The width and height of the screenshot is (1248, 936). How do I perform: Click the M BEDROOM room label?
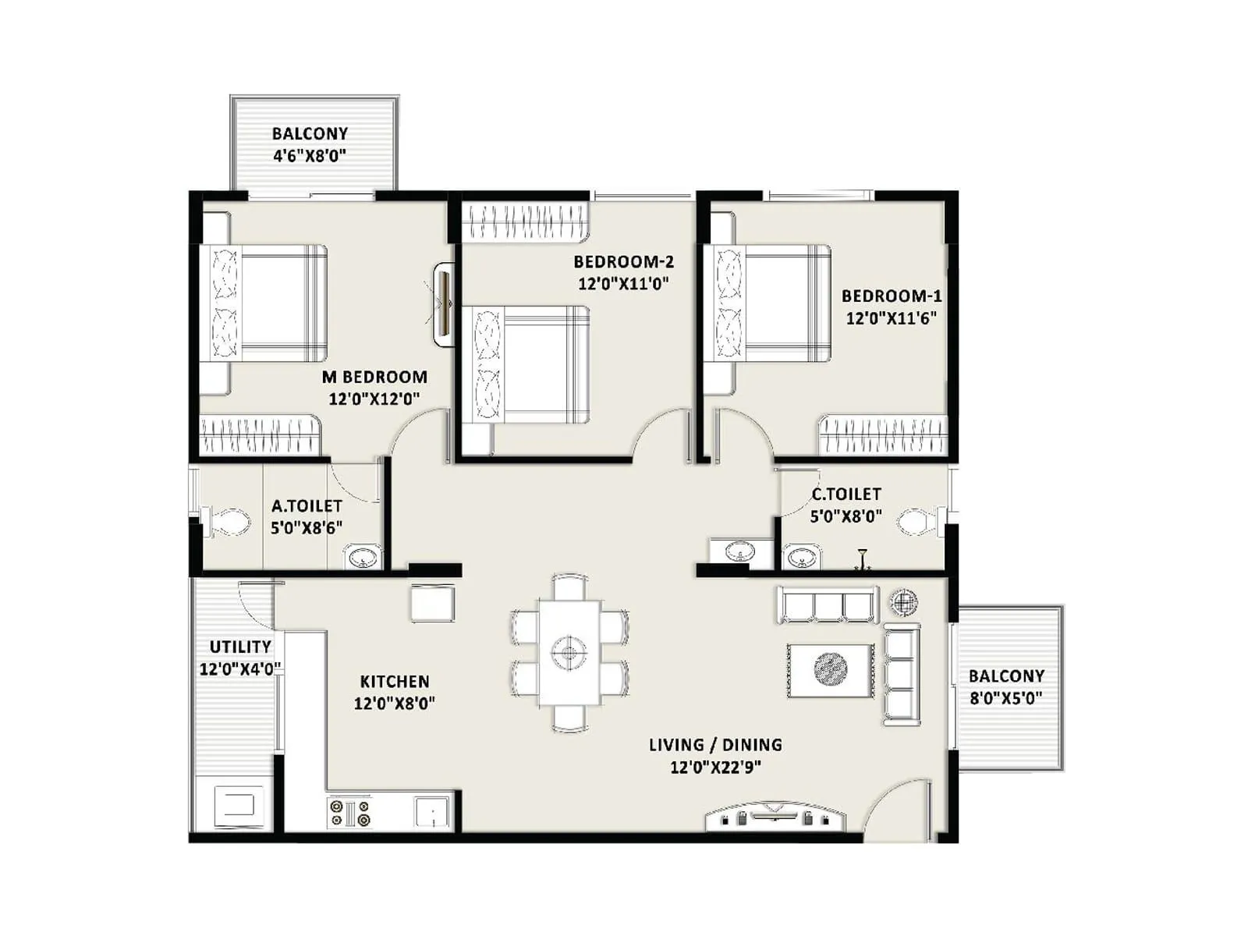(x=374, y=377)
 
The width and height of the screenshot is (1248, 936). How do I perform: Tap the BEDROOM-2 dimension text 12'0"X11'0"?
(x=623, y=283)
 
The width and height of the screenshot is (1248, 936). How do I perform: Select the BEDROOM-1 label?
(x=891, y=296)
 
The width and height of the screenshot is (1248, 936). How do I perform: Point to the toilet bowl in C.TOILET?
(x=918, y=521)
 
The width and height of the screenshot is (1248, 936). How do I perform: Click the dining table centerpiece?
(x=569, y=651)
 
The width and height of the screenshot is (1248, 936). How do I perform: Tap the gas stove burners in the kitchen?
(x=349, y=813)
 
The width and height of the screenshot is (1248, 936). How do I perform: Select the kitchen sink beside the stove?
(x=432, y=812)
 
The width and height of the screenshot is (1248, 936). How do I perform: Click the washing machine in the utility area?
(x=235, y=804)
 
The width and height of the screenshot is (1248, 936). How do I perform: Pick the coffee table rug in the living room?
(x=830, y=669)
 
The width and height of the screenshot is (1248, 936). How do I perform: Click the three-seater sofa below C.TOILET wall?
(x=827, y=605)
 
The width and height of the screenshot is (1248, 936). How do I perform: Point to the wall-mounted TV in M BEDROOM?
(x=444, y=303)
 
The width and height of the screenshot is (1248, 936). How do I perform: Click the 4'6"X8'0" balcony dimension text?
(x=310, y=155)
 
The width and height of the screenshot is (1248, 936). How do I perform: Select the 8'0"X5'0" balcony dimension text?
(x=1006, y=698)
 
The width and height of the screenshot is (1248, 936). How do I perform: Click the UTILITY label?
(x=240, y=647)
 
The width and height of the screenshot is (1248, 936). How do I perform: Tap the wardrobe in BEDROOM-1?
(x=883, y=435)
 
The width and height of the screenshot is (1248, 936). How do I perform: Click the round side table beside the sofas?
(x=903, y=601)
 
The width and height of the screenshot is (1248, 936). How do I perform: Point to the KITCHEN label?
(x=395, y=681)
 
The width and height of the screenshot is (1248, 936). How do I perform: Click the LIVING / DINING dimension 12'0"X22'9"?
(x=715, y=767)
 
